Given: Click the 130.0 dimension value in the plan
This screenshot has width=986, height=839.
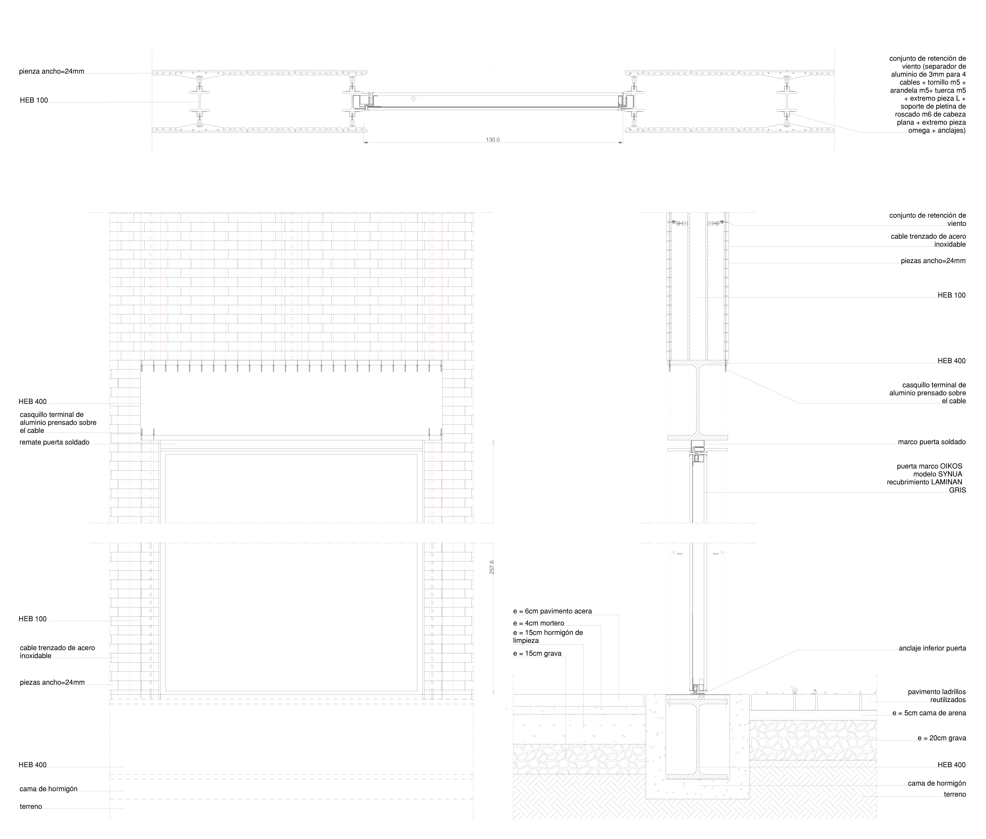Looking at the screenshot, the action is point(493,140).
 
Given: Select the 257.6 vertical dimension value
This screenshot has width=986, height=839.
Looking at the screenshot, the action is point(492,567).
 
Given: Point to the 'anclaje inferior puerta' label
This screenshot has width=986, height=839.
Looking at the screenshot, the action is point(932,648).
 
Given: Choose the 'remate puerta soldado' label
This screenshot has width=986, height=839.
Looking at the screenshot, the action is point(54,442).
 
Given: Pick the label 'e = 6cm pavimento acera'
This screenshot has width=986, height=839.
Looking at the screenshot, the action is point(552,611).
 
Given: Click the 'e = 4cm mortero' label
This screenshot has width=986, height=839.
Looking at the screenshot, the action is point(538,623).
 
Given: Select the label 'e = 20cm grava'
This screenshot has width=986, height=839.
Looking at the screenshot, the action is point(941,738).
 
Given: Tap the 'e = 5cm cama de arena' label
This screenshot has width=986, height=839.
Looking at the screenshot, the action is point(929,713).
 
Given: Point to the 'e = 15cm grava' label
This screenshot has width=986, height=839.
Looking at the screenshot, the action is point(537,653).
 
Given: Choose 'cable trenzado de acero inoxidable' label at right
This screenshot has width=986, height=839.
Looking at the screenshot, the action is point(928,240).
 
